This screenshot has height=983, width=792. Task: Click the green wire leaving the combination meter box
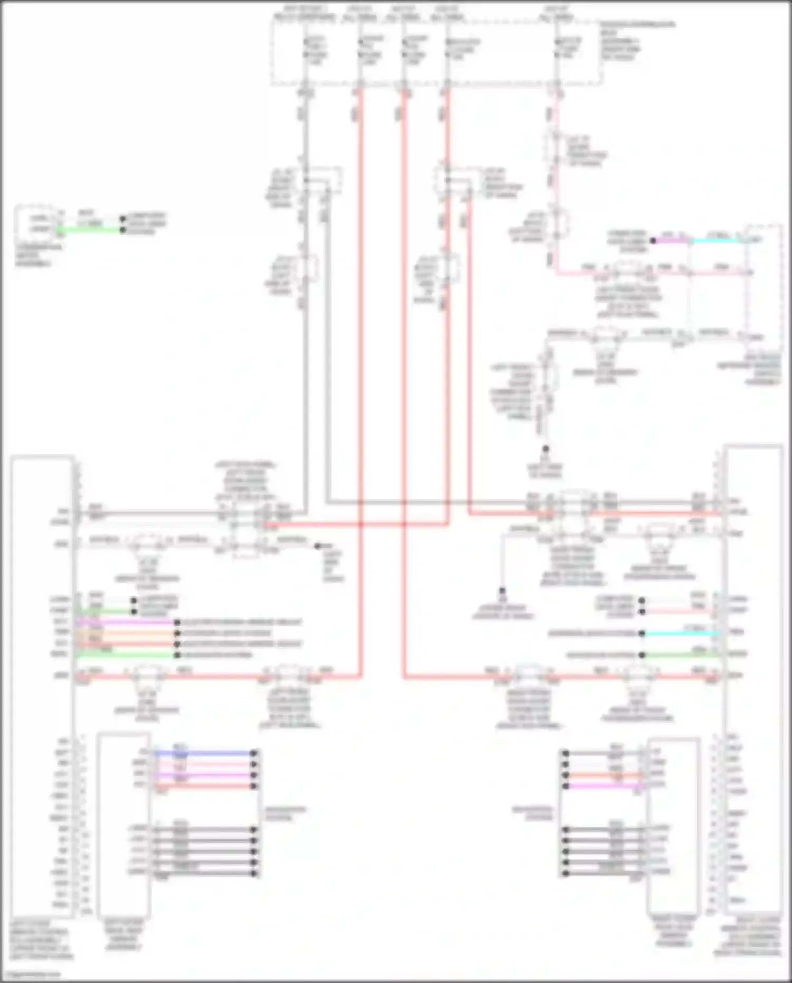(90, 230)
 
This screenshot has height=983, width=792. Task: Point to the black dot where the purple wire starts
(653, 240)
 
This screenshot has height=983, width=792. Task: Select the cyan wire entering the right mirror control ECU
(681, 633)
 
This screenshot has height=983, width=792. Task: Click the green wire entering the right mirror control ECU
(681, 654)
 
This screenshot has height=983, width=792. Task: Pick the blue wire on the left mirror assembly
(203, 753)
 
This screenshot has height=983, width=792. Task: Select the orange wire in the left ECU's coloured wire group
(127, 633)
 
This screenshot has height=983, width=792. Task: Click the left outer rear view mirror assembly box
(124, 824)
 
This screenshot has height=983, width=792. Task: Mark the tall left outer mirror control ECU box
(42, 687)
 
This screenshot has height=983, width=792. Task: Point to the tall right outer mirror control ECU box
(754, 681)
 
